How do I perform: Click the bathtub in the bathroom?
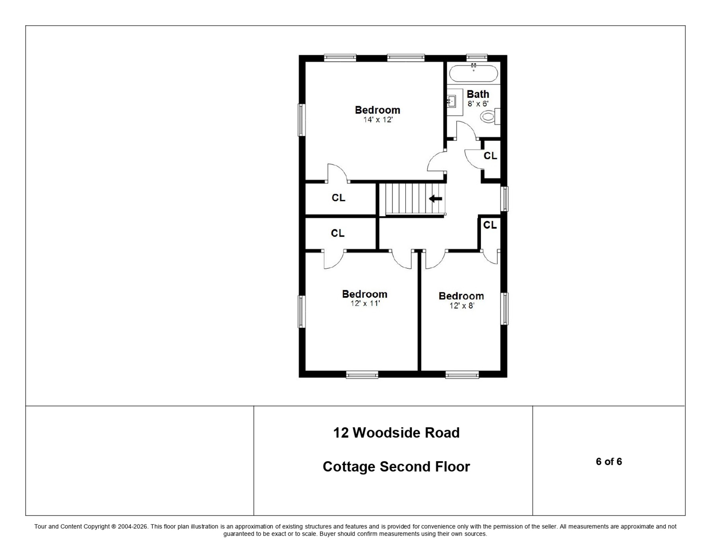[474, 74]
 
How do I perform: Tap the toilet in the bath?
[488, 116]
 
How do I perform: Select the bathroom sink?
[452, 102]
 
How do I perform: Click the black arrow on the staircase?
[435, 198]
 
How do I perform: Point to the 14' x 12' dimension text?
[378, 120]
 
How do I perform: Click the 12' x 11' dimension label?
[365, 303]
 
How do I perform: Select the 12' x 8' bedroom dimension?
[461, 305]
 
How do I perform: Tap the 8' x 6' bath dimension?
[478, 104]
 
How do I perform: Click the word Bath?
[478, 94]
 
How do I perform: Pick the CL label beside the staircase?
[338, 198]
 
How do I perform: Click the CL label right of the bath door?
[490, 156]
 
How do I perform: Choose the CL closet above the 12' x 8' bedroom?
[490, 225]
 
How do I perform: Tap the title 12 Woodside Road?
[396, 433]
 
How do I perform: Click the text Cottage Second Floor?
[396, 467]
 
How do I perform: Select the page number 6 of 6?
[609, 462]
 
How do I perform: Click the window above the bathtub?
[476, 58]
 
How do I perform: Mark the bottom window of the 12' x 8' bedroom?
[462, 374]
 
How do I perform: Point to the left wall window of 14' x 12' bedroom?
[301, 120]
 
